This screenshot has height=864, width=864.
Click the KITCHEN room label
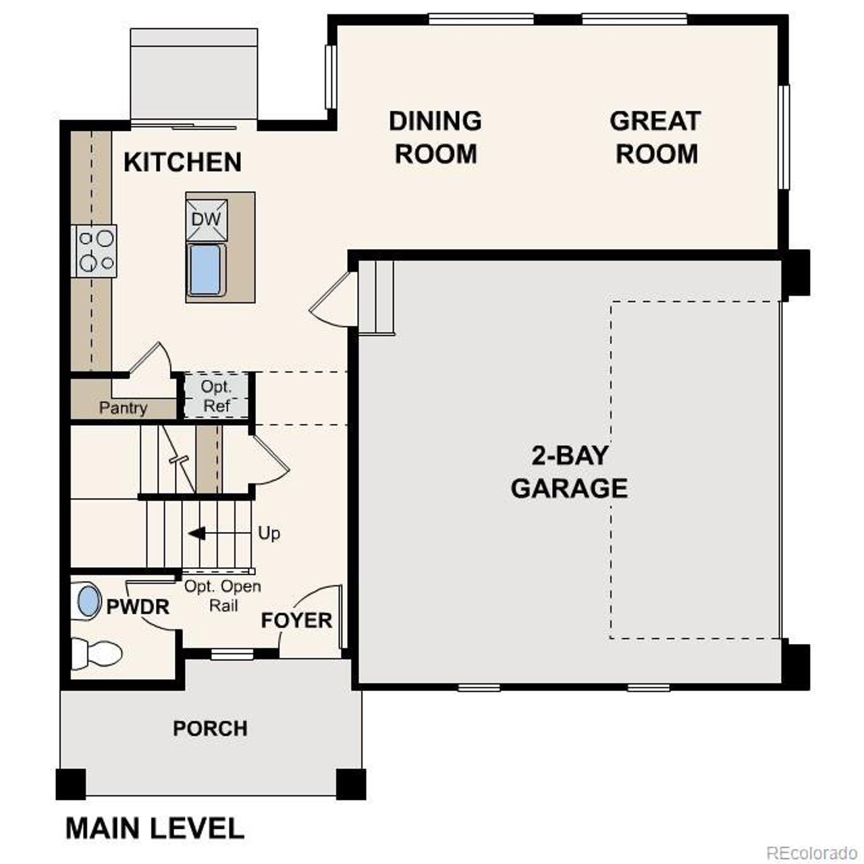tap(182, 163)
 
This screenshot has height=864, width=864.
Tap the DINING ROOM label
tap(435, 137)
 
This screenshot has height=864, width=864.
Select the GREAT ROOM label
tap(655, 137)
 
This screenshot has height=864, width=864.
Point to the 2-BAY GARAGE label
tap(569, 472)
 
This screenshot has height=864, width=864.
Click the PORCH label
tap(210, 729)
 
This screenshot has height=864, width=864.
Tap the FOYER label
tap(296, 620)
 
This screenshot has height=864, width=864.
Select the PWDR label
tap(138, 607)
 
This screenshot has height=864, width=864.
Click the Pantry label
tap(123, 408)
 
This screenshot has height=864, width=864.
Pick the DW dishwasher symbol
tap(207, 219)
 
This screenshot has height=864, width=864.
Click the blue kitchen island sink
tap(205, 270)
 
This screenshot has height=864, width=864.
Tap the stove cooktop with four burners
tap(95, 250)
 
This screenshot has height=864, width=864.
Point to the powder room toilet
tap(97, 653)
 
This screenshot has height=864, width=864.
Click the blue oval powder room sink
tap(88, 601)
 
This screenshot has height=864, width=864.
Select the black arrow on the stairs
tap(197, 534)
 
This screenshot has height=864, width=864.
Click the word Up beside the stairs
tap(269, 533)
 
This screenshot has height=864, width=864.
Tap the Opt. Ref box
tap(216, 396)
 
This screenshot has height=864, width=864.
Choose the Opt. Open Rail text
tap(223, 596)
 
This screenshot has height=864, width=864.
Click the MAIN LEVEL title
tap(155, 828)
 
